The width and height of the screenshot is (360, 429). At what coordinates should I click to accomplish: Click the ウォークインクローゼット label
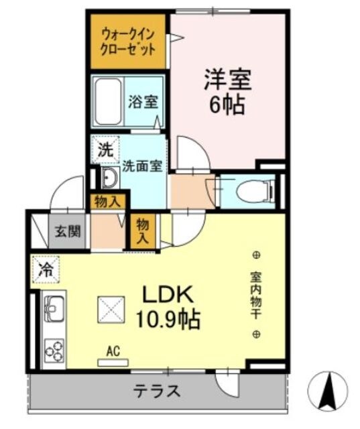tap(129, 41)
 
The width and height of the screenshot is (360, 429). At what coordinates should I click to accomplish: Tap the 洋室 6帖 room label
tap(227, 92)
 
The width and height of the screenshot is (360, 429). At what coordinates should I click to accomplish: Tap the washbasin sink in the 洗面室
tap(109, 178)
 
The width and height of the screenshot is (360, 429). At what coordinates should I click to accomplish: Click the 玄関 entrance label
tap(68, 232)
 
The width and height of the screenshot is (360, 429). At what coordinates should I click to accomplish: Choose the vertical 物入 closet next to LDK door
tap(143, 230)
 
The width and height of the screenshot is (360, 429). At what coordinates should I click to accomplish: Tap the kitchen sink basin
tap(52, 310)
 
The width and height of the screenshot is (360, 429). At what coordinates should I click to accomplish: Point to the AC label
tap(113, 350)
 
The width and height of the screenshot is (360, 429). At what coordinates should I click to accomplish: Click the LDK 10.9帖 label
tap(170, 306)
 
